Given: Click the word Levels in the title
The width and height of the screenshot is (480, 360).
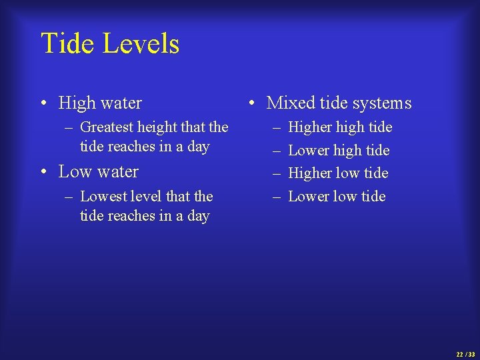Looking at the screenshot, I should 141,44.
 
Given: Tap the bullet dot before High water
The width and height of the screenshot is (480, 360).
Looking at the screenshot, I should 43,103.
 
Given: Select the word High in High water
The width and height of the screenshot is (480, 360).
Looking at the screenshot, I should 77,103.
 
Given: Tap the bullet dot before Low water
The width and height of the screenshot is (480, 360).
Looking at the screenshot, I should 43,172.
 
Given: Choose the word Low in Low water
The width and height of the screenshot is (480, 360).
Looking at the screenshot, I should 74,172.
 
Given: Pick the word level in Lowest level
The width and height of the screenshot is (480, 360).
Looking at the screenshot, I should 147,197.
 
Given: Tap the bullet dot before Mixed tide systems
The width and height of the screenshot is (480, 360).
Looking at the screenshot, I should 251,103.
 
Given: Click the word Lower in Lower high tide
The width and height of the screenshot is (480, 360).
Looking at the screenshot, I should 308,151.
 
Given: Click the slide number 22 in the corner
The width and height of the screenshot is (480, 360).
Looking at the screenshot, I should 459,354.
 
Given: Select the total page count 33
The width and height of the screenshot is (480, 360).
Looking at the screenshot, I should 471,354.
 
